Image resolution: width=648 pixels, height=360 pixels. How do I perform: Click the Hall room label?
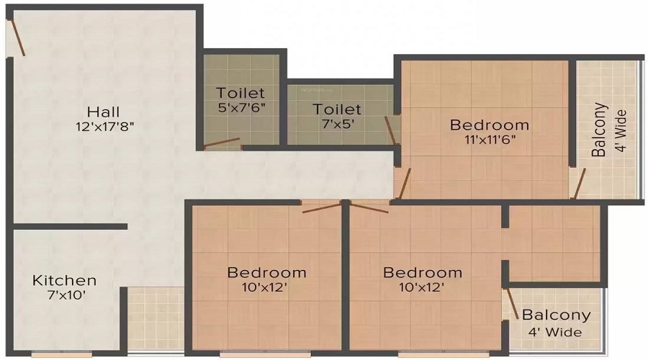coord(104,112)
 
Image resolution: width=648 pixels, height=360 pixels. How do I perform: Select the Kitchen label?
coord(64,280)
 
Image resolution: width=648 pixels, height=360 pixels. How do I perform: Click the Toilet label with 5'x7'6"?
coord(240,93)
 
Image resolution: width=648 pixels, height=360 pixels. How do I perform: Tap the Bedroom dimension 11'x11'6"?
coord(489,140)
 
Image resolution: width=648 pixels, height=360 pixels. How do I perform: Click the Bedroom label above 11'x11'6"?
coord(489,125)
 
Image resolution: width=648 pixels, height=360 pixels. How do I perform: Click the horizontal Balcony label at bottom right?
coord(556,315)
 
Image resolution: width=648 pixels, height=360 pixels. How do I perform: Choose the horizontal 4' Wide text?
coord(555,332)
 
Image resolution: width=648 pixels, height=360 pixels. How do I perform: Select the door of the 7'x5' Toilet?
coord(391,130)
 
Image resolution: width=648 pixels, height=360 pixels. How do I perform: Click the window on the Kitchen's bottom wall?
coord(61,354)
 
